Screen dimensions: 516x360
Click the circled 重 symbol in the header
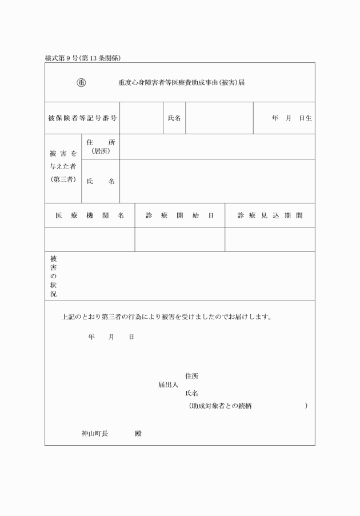tap(81, 82)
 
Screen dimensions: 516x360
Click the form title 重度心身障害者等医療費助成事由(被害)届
tap(182, 82)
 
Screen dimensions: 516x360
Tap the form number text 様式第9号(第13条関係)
tap(82, 58)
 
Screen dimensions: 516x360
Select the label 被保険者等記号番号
tap(82, 118)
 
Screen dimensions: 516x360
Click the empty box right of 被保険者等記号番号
tap(141, 118)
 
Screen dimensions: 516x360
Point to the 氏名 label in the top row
tap(174, 118)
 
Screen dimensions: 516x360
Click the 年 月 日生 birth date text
tap(291, 118)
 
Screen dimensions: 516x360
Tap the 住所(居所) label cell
tap(101, 147)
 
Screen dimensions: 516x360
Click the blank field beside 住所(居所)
tap(217, 147)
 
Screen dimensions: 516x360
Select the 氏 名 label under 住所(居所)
tap(101, 181)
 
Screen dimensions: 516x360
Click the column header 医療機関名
tap(90, 215)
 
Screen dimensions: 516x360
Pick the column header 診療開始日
tap(179, 215)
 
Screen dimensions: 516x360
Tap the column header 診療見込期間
tap(270, 215)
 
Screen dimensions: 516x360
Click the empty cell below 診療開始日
tap(179, 239)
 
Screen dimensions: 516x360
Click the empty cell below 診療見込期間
tap(270, 239)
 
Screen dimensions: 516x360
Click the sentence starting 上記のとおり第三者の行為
tap(166, 317)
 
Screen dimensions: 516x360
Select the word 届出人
tap(168, 385)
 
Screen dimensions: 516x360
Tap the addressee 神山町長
tap(95, 434)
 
